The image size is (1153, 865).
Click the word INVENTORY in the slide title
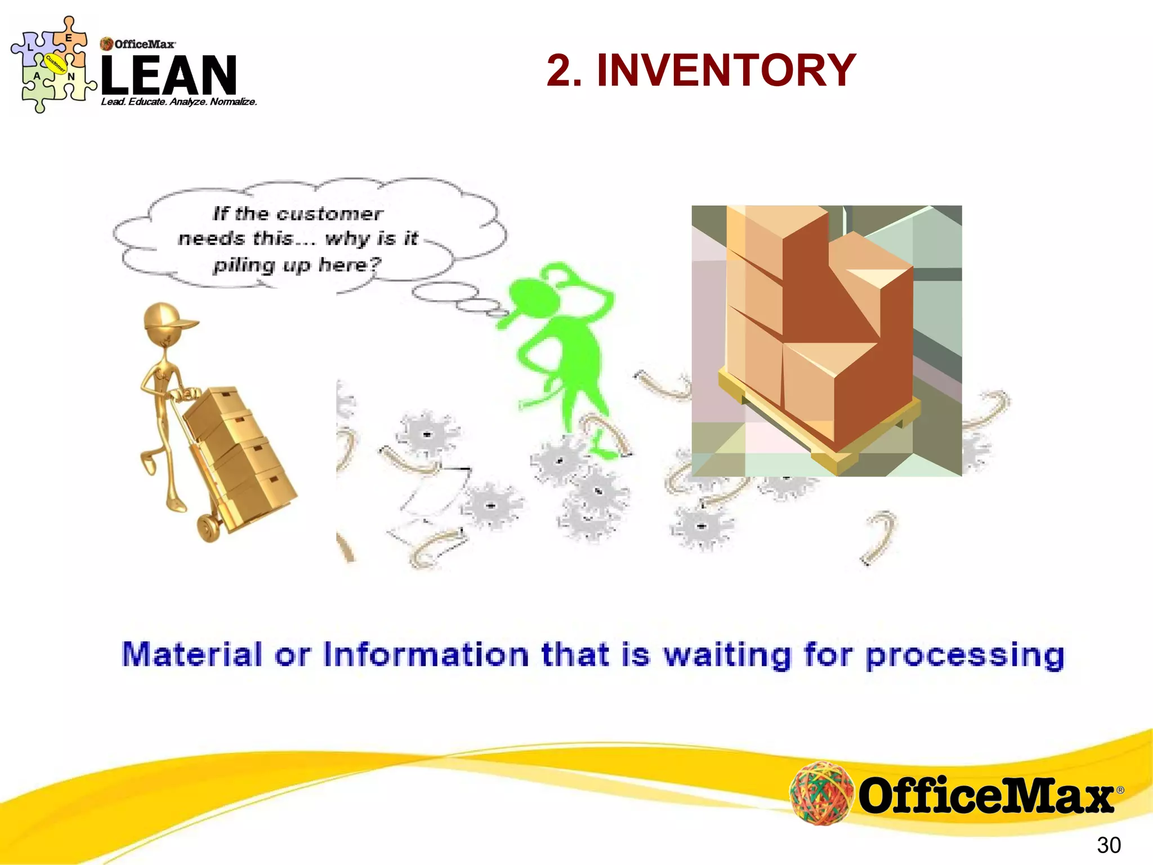coord(726,70)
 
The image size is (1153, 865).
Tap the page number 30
coord(1109,845)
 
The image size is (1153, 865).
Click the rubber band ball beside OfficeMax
coord(821,793)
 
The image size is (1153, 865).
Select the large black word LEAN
coord(169,75)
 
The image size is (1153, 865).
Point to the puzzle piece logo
coord(53,65)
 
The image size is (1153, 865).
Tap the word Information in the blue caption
coord(426,654)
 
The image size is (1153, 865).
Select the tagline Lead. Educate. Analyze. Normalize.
coord(179,102)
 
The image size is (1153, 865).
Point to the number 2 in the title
coord(564,70)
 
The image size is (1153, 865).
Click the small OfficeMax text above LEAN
coord(144,44)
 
